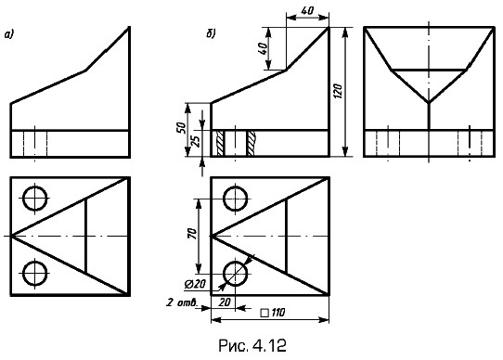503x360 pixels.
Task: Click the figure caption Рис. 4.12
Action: point(252,345)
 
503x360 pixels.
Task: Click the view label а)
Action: point(9,34)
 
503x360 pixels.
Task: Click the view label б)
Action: point(211,33)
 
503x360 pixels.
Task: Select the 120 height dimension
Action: point(340,91)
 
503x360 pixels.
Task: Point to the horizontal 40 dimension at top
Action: point(307,10)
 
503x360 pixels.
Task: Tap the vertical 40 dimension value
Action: point(263,49)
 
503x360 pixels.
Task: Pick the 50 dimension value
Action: point(182,128)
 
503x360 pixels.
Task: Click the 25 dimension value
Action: point(196,140)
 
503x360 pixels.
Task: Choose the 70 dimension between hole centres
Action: point(192,235)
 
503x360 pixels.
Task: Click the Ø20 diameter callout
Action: point(195,284)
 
